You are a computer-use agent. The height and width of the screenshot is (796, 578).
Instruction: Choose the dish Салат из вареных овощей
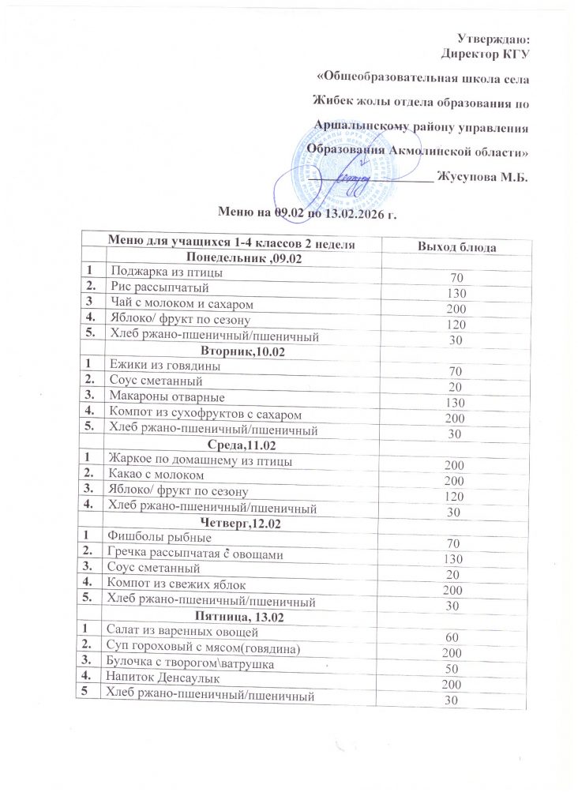pyautogui.click(x=180, y=632)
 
